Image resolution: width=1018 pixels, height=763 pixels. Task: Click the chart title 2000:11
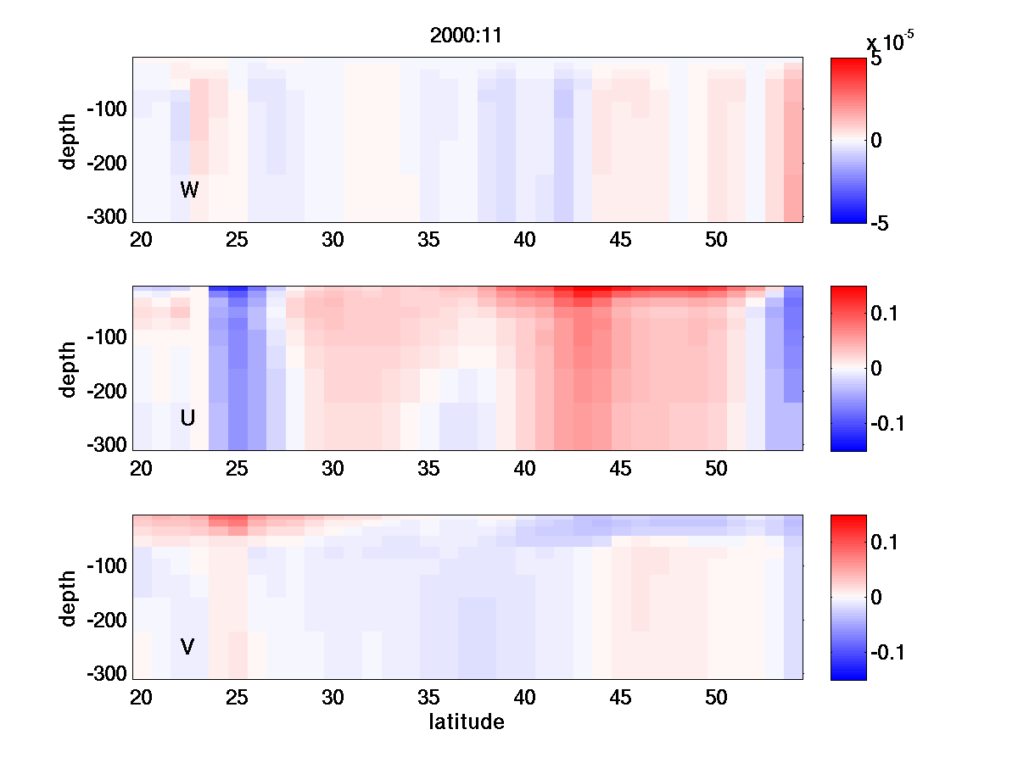[x=467, y=36]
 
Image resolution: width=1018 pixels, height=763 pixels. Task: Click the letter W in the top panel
[x=189, y=190]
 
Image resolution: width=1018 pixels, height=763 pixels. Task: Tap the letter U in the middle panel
[x=188, y=418]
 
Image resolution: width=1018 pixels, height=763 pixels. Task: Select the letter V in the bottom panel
[x=187, y=647]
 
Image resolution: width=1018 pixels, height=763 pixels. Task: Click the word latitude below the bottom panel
[x=467, y=722]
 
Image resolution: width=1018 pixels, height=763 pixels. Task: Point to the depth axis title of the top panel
[x=69, y=140]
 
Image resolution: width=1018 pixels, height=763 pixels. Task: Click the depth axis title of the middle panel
[x=69, y=369]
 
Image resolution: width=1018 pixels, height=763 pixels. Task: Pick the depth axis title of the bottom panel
[x=69, y=598]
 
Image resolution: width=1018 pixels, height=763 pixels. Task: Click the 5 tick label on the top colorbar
[x=876, y=61]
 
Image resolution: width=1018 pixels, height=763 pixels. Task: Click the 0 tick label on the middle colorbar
[x=876, y=369]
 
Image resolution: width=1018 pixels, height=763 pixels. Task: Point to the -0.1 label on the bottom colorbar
[x=887, y=653]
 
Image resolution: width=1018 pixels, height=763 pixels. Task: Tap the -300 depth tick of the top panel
[x=106, y=216]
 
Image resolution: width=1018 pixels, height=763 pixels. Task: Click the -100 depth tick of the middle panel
[x=106, y=337]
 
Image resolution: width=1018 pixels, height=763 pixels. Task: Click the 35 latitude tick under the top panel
[x=428, y=241]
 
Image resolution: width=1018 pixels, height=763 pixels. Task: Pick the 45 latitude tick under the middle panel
[x=621, y=469]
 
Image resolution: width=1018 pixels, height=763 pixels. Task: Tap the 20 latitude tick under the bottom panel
[x=141, y=698]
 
